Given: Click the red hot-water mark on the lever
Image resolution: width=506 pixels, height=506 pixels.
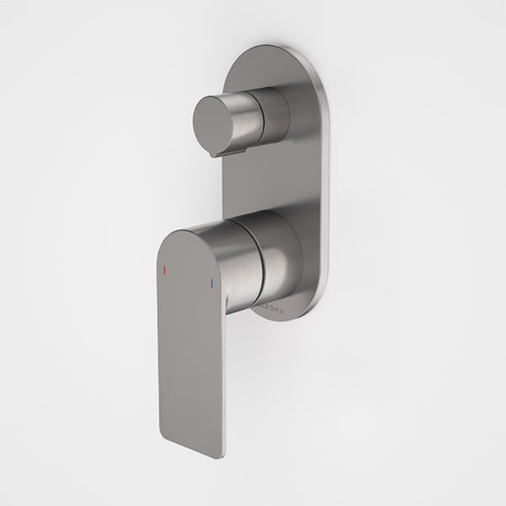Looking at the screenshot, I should [164, 269].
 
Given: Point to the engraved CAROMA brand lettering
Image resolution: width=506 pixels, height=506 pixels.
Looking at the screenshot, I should [271, 309].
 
